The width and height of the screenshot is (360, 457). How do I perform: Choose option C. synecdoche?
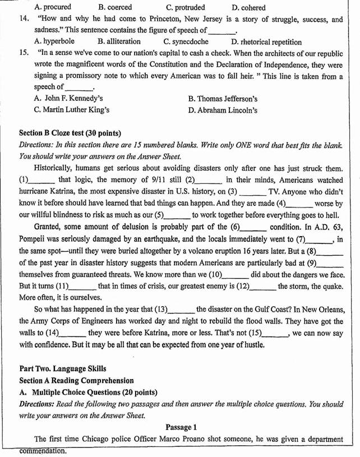click(186, 41)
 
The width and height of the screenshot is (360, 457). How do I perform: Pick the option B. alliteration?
click(119, 41)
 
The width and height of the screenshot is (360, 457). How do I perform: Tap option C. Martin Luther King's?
click(72, 110)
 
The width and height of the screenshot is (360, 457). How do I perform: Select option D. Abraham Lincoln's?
click(223, 110)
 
